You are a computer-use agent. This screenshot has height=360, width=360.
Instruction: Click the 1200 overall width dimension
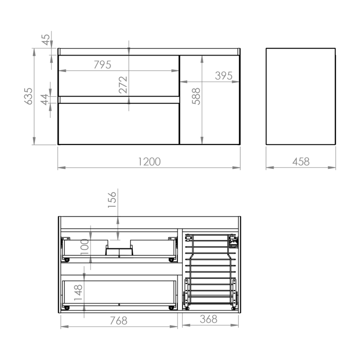point(149,161)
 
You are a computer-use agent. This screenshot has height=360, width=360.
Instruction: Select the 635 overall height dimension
point(29,96)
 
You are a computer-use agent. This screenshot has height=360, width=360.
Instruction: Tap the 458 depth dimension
point(301,161)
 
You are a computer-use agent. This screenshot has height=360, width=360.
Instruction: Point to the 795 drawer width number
point(102,65)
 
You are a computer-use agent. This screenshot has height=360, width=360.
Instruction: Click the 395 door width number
point(224,76)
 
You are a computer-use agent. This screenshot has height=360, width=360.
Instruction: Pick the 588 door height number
point(196,96)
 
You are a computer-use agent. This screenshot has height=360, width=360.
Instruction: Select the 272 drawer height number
point(123,85)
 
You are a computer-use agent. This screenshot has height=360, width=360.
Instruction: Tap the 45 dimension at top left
point(45,40)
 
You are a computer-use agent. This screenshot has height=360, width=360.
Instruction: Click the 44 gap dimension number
point(45,99)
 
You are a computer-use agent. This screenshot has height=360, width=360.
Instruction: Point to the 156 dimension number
point(112,200)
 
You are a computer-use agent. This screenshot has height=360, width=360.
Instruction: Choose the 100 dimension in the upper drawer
point(85,246)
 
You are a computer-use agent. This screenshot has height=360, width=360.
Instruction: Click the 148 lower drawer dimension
point(78,292)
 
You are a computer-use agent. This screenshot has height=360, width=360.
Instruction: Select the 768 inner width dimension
point(118,321)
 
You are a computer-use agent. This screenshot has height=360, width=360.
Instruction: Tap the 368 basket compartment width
point(208,319)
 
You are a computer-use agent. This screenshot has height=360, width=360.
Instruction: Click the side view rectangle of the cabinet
point(301,96)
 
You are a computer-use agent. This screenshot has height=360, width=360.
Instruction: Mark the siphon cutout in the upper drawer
point(119,250)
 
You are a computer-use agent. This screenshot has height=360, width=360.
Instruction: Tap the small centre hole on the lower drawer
point(119,304)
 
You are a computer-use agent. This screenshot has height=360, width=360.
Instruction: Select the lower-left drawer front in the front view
point(118,124)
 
